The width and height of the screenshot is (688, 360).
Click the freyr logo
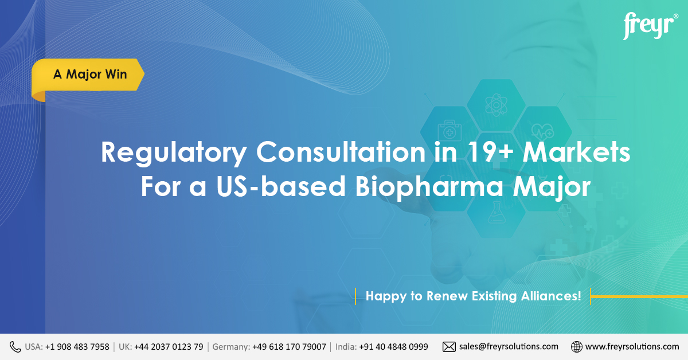click(x=650, y=26)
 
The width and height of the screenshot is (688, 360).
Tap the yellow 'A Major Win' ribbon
click(x=90, y=75)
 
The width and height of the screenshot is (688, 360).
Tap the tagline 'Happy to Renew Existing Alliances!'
click(x=473, y=296)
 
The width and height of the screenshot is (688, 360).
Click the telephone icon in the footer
click(x=15, y=346)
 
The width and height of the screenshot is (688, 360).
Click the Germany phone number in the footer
click(x=289, y=346)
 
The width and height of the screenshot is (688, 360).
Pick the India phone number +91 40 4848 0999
click(x=393, y=346)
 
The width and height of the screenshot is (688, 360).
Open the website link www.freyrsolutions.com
click(x=632, y=346)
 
